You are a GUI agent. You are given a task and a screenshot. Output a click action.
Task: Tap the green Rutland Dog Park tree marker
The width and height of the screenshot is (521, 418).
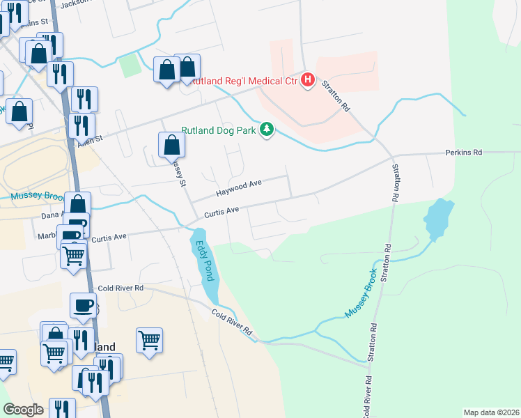click(265, 130)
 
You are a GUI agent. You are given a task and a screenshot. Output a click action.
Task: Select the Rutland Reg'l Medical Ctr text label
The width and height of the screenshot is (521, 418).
click(244, 81)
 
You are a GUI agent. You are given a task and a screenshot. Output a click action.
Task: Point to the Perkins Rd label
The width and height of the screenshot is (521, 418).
click(464, 152)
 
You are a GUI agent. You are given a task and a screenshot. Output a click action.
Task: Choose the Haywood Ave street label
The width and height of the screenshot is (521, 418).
click(238, 187)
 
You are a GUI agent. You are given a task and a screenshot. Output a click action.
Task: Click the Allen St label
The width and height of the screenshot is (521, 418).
click(90, 139)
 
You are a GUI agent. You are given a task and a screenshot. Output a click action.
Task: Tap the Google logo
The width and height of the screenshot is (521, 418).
click(23, 410)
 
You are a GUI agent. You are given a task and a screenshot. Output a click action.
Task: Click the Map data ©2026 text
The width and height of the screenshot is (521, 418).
click(490, 412)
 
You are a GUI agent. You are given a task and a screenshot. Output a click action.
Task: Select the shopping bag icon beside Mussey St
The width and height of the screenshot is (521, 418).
click(171, 146)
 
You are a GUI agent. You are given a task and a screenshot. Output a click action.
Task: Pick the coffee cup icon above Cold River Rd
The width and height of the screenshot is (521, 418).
click(83, 305)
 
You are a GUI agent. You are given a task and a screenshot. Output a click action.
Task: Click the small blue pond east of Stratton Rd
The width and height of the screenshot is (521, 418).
click(437, 219)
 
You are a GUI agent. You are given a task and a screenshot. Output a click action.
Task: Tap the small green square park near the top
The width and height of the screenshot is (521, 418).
click(130, 66)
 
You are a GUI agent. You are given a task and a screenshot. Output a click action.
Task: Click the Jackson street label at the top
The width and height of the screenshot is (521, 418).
click(76, 3)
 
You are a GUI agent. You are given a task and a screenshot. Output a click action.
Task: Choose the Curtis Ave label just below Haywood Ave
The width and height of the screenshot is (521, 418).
click(221, 210)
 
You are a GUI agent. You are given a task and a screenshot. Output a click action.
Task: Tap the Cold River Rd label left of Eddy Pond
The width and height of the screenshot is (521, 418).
click(120, 288)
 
